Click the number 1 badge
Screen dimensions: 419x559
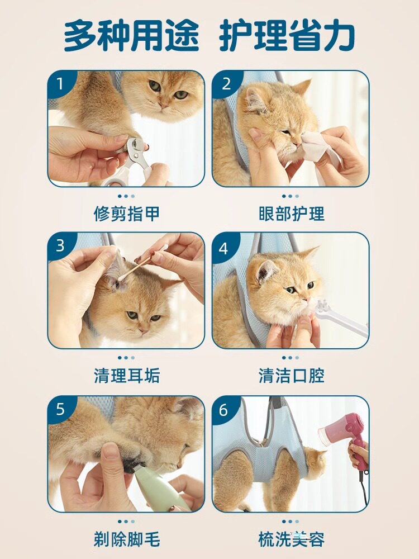[60, 84]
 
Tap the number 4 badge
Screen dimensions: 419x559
[224, 249]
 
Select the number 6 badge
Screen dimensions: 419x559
[223, 410]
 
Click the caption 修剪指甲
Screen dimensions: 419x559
[126, 214]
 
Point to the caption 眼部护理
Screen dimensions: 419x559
[292, 214]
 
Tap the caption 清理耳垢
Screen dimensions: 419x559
[126, 376]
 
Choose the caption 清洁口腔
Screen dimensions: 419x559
[292, 376]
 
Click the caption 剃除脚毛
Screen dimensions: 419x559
[126, 539]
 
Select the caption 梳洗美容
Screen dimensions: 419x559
[292, 539]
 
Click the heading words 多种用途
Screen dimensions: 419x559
[131, 36]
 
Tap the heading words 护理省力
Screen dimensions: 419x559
[287, 36]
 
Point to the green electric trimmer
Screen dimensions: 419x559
[157, 487]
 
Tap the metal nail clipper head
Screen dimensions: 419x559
[135, 150]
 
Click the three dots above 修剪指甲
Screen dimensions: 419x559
[126, 196]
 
